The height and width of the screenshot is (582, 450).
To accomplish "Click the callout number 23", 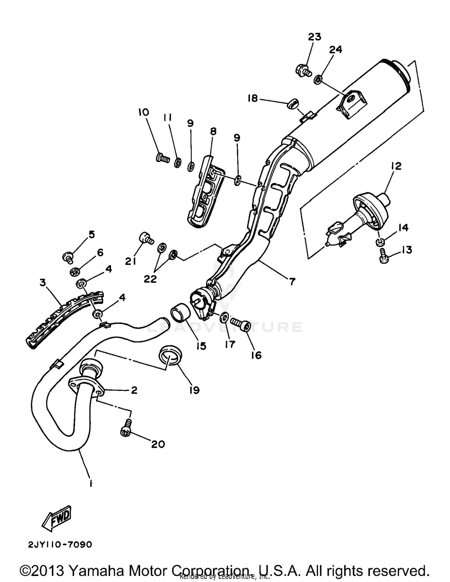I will click(x=314, y=37).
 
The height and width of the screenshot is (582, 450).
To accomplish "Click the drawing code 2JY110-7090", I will click(x=60, y=544).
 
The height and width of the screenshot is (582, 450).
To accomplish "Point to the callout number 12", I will click(x=396, y=166).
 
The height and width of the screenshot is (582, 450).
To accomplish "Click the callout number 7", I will click(x=292, y=281).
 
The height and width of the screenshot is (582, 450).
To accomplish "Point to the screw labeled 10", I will click(x=162, y=157).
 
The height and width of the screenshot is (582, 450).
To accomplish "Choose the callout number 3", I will click(x=43, y=283).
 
